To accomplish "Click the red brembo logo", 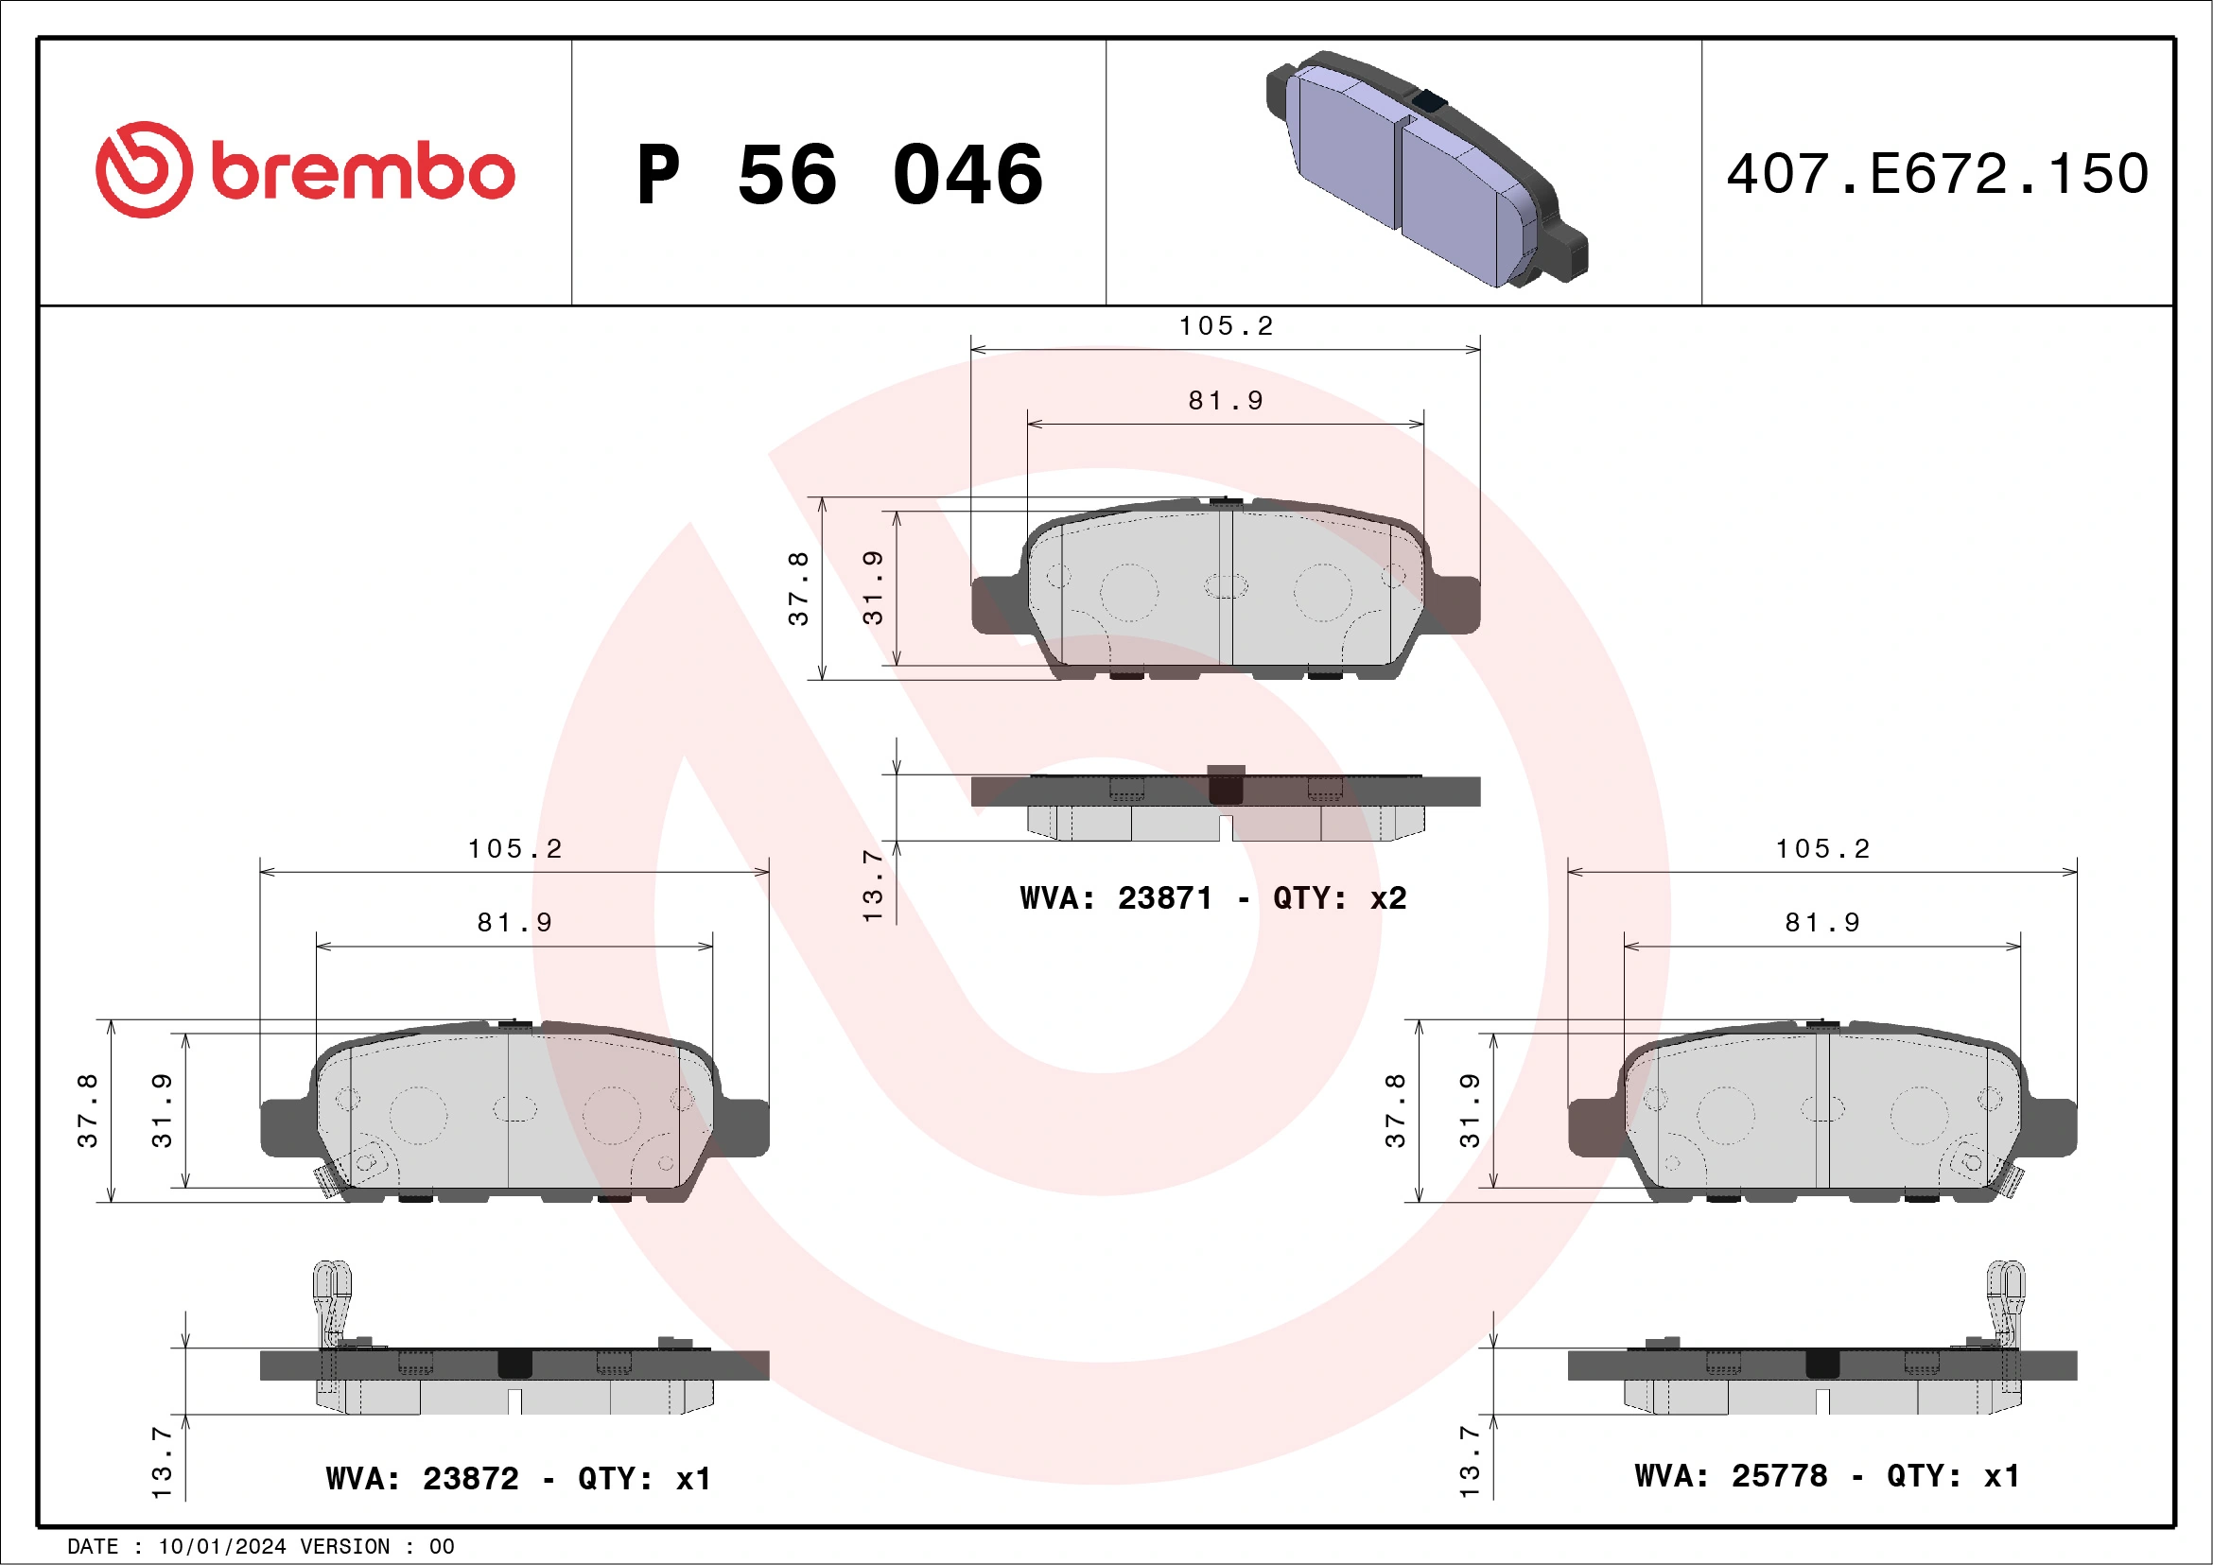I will (x=305, y=170).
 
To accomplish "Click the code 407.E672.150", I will (x=1938, y=174).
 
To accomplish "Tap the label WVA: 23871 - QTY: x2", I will (x=1212, y=898).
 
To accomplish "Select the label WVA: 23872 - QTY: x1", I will (x=517, y=1478).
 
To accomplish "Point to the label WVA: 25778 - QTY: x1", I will (x=1826, y=1475).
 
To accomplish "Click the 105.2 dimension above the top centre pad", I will (x=1225, y=325).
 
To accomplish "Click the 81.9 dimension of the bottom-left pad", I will (x=514, y=922).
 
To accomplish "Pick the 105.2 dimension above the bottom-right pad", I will (x=1821, y=848).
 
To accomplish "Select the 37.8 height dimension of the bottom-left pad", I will (x=88, y=1110).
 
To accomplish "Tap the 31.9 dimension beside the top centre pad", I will (x=872, y=588).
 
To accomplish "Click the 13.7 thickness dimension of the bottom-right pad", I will (x=1469, y=1462).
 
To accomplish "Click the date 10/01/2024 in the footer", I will (x=221, y=1547).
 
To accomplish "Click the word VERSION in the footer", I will (x=344, y=1547).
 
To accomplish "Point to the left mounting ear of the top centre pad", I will (x=998, y=605).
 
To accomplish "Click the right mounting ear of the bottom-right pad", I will (x=2051, y=1127).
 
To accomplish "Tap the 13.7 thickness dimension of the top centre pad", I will (x=872, y=885).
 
